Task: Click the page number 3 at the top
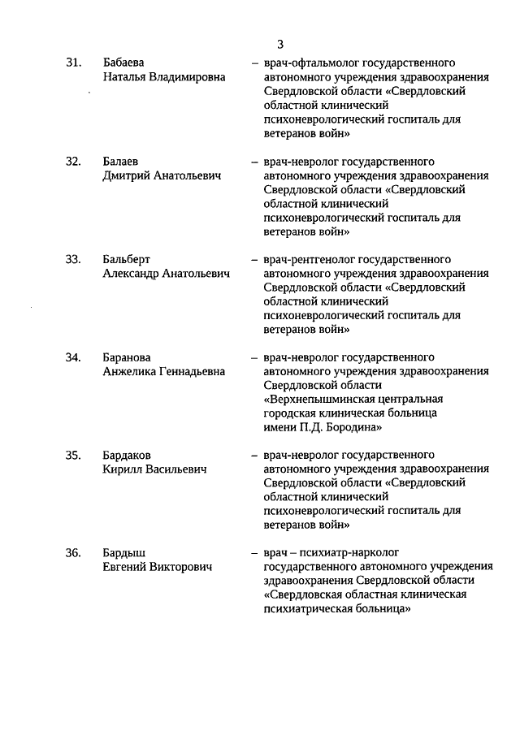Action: (279, 44)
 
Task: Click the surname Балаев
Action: (121, 162)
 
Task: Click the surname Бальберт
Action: (127, 260)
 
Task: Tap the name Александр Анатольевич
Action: (166, 274)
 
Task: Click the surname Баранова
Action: (128, 357)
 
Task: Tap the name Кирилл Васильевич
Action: (154, 469)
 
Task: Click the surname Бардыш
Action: (124, 553)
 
